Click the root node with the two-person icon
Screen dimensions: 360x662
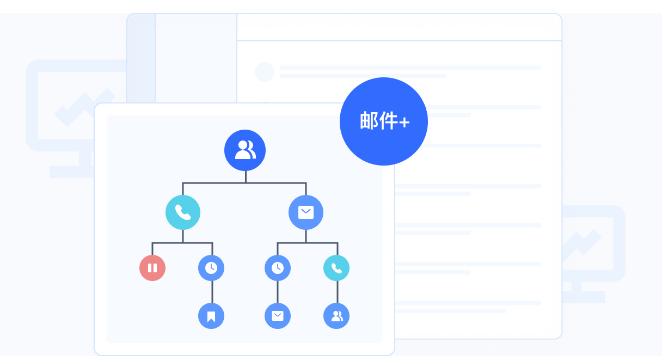245,150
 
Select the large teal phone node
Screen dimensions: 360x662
183,212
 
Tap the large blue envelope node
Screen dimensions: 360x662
306,212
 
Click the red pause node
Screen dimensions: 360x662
152,268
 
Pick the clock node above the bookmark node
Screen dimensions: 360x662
211,268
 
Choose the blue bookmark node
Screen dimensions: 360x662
211,316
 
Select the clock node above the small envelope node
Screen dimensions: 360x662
278,268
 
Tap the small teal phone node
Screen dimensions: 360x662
336,268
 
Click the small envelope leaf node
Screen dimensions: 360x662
278,316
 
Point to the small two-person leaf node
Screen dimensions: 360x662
336,316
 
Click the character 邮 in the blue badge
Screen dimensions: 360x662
370,121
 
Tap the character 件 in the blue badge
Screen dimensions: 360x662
389,121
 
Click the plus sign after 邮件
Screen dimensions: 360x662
404,123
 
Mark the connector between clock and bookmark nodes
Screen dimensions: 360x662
212,292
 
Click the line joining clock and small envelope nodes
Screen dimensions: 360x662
278,292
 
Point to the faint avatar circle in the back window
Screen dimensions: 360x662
265,72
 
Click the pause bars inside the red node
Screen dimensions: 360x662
152,268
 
